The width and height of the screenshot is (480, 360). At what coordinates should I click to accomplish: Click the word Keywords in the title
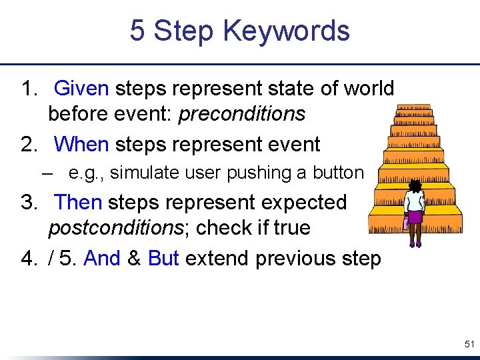(x=286, y=31)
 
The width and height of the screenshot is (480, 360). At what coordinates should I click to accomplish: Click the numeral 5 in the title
(x=137, y=31)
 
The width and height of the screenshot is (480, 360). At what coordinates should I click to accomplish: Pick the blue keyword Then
(x=79, y=202)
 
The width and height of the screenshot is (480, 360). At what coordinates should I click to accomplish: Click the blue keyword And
(x=102, y=259)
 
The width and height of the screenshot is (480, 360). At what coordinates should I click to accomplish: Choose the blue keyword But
(x=163, y=259)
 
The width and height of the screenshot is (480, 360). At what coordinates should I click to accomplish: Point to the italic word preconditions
(x=242, y=114)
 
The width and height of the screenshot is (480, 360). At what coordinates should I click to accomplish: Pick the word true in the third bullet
(x=291, y=228)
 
